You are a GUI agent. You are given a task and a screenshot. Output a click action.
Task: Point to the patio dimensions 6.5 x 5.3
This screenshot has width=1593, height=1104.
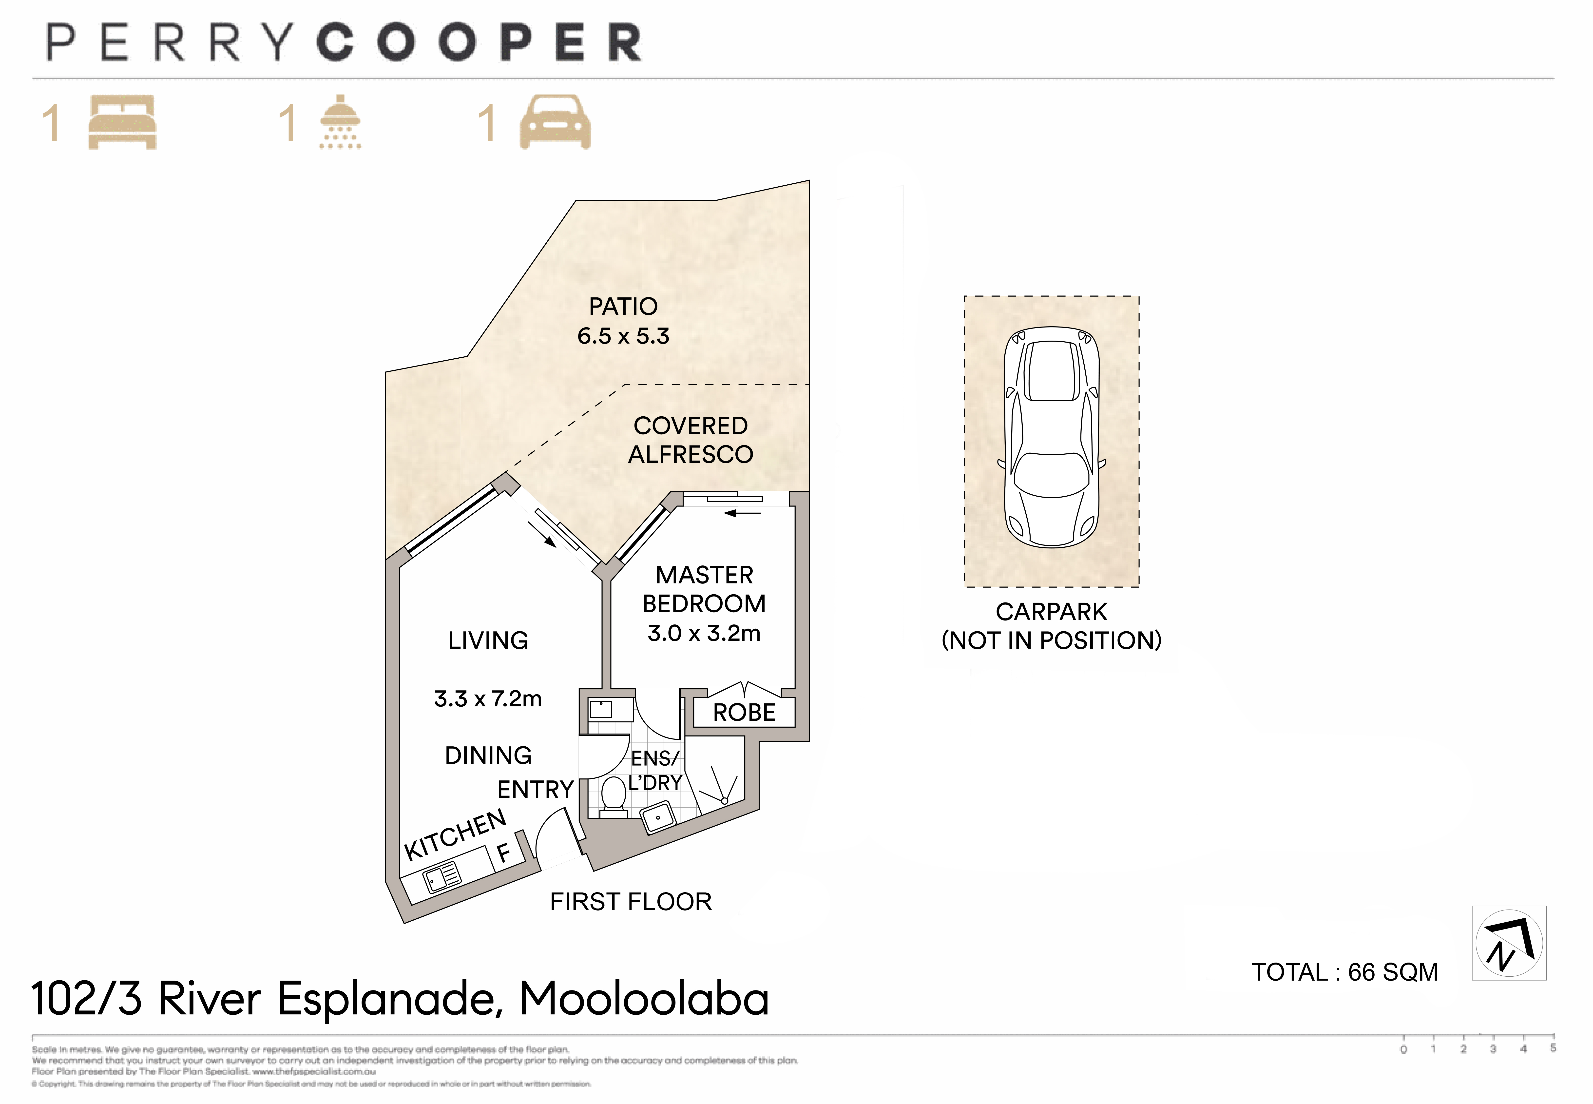click(623, 336)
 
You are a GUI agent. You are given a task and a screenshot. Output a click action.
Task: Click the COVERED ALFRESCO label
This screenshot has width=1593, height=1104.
click(690, 440)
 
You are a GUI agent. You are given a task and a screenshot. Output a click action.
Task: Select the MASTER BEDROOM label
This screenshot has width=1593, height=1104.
click(704, 589)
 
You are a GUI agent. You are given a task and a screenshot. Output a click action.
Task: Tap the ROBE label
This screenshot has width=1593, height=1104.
click(744, 713)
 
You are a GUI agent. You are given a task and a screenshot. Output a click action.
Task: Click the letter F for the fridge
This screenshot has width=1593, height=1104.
click(503, 852)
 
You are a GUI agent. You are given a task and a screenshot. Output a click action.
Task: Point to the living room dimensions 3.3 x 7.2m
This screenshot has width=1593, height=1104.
click(488, 699)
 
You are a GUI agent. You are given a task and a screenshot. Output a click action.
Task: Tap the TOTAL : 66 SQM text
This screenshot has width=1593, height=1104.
click(1344, 972)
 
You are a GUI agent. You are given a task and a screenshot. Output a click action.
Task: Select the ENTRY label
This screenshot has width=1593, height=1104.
click(535, 789)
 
